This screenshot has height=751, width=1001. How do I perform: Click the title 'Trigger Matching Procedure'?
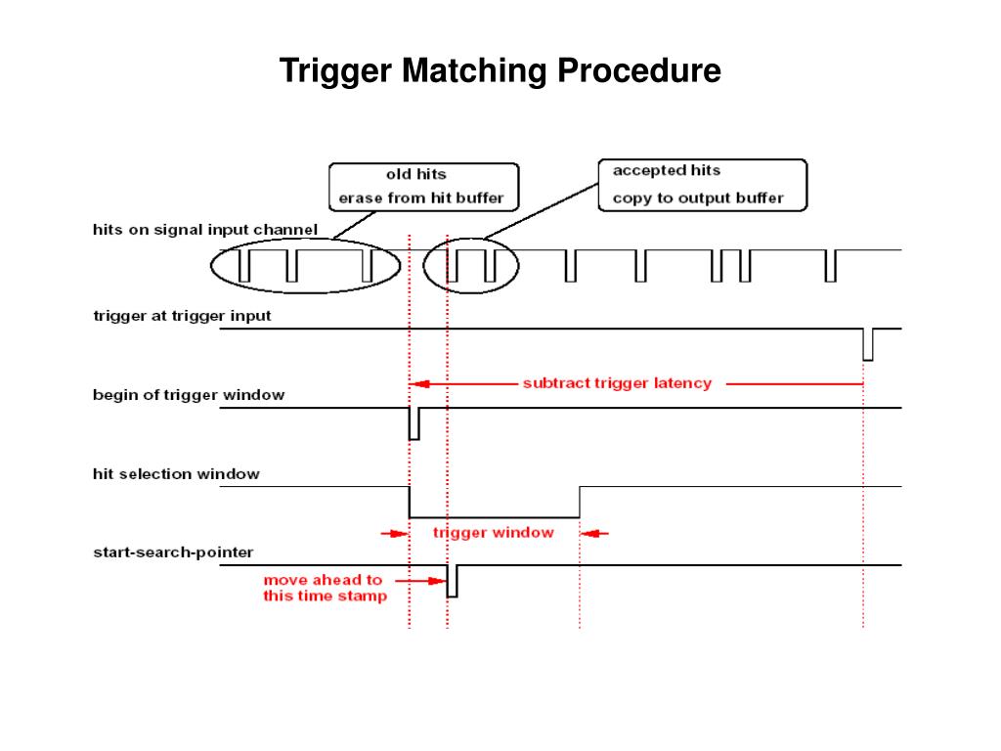500,70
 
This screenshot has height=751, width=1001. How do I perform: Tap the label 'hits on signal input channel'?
205,230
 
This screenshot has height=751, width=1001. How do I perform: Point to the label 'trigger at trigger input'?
182,316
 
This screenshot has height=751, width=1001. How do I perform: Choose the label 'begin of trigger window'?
189,395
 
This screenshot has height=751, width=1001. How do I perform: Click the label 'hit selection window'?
176,474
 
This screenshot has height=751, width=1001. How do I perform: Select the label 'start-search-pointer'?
173,552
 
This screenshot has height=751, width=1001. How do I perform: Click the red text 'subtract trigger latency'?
617,383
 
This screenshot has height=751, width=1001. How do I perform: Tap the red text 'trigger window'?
493,533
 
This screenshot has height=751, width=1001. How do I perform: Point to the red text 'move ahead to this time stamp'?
325,588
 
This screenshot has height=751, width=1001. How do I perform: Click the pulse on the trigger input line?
868,345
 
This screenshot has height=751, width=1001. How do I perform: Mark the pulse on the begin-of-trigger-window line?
414,424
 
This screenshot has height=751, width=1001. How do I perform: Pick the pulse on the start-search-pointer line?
452,581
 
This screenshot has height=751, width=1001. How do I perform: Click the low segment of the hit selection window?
494,517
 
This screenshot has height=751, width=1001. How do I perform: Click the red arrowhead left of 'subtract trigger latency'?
420,383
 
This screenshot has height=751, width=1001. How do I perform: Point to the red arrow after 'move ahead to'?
420,581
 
